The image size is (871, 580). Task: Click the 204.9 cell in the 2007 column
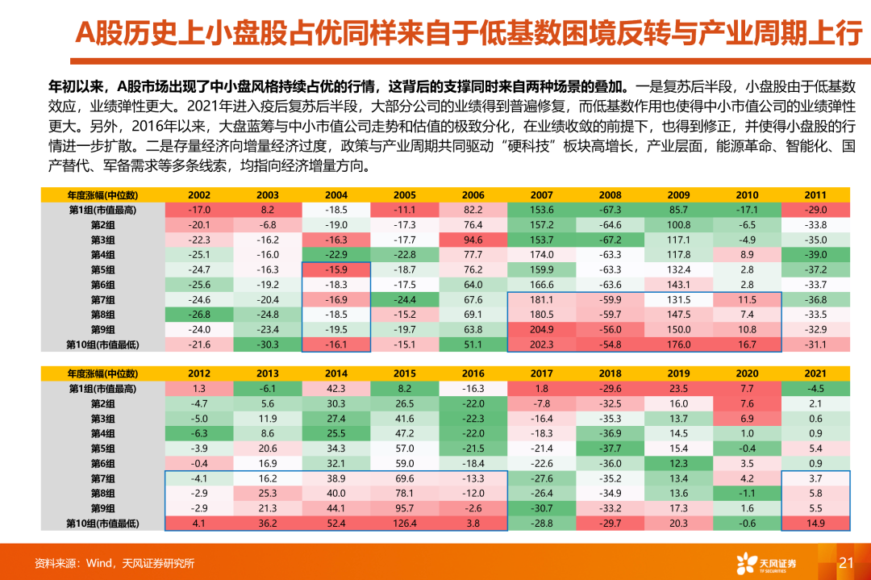541,329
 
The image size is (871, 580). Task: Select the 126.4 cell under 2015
405,523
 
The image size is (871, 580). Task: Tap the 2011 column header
815,194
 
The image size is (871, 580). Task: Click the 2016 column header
473,373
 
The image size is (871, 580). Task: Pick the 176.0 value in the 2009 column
678,344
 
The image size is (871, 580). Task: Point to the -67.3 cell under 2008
610,210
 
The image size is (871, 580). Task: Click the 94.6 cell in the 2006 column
473,240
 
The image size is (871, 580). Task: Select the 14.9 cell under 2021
815,523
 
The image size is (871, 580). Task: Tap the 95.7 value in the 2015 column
405,508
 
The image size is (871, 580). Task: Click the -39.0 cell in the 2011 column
815,255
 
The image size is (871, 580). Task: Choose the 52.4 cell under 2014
336,523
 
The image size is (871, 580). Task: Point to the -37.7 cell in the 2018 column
610,449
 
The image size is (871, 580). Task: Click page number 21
846,563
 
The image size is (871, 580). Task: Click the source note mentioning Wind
114,563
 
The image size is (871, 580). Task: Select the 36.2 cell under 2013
268,523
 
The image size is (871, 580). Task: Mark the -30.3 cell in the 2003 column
268,344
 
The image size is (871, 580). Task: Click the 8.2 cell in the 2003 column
268,210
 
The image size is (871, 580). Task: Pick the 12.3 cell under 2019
678,463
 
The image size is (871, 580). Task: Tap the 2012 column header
199,373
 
